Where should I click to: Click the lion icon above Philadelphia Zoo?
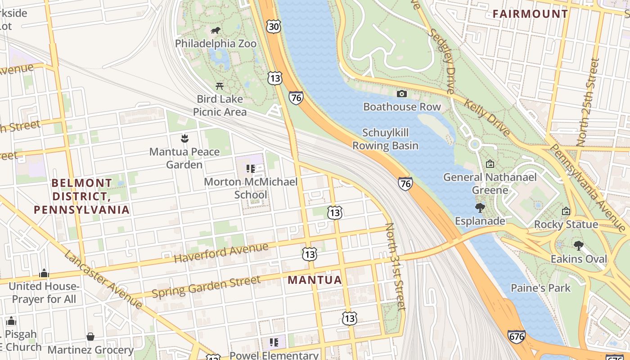pyautogui.click(x=216, y=31)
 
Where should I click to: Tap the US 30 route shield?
pyautogui.click(x=273, y=27)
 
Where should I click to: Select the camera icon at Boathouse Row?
pyautogui.click(x=402, y=94)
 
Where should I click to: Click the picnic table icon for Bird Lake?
pyautogui.click(x=220, y=86)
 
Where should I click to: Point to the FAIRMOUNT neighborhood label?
pyautogui.click(x=530, y=14)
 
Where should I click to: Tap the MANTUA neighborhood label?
pyautogui.click(x=315, y=280)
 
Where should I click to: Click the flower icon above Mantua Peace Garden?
pyautogui.click(x=184, y=138)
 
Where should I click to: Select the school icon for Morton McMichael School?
pyautogui.click(x=251, y=169)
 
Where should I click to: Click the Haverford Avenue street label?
pyautogui.click(x=221, y=253)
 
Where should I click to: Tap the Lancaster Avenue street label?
pyautogui.click(x=103, y=279)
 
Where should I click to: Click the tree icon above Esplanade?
pyautogui.click(x=480, y=207)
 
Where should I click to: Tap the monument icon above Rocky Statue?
pyautogui.click(x=566, y=211)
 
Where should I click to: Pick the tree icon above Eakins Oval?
pyautogui.click(x=578, y=245)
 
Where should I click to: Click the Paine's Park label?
pyautogui.click(x=540, y=288)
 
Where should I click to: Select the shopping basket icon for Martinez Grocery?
pyautogui.click(x=90, y=337)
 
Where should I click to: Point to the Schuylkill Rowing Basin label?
pyautogui.click(x=385, y=139)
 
